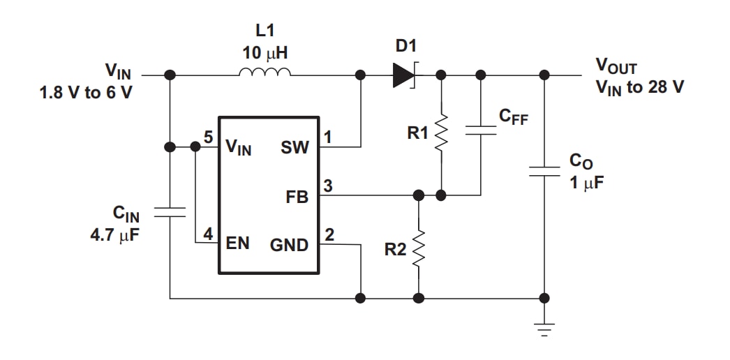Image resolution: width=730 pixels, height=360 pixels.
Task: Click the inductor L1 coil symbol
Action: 265,73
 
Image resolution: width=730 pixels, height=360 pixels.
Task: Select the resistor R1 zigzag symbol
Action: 440,132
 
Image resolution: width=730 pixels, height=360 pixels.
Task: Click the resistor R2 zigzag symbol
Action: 418,248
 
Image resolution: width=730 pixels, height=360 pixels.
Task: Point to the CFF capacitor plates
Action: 480,132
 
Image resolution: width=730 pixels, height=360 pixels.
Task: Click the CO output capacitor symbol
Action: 544,172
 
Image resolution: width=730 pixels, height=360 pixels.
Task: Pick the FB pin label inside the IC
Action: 297,197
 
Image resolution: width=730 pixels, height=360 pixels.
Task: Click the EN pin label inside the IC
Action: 238,245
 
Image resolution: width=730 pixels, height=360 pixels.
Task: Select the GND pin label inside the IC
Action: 289,246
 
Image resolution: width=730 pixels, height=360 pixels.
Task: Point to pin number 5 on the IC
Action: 208,137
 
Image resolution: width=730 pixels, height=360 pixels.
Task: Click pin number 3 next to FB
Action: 327,186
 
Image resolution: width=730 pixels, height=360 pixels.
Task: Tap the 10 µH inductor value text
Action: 265,53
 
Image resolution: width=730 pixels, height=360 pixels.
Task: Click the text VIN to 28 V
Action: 639,87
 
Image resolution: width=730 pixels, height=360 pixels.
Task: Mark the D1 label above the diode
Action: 405,46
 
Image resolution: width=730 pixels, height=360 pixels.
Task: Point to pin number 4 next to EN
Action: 208,234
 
